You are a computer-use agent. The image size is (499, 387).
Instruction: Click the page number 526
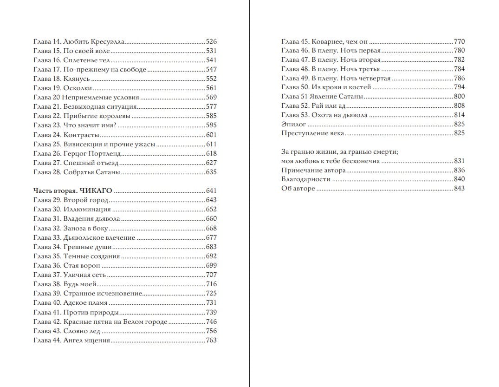211,41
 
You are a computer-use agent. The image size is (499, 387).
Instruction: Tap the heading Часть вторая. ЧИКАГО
73,190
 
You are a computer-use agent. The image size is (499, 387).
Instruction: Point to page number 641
211,190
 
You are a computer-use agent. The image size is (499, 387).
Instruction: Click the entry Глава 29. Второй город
71,200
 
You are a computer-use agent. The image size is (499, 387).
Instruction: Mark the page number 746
211,321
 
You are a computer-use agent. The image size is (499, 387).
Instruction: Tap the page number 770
459,41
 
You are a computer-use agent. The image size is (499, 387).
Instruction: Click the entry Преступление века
312,133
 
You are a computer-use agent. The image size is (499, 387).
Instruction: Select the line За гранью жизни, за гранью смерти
340,152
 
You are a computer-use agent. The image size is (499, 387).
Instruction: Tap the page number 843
459,188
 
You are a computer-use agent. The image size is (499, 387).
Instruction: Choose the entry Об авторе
298,188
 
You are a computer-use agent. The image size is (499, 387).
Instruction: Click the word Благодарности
306,179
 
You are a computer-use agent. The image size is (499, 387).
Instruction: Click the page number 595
211,125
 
